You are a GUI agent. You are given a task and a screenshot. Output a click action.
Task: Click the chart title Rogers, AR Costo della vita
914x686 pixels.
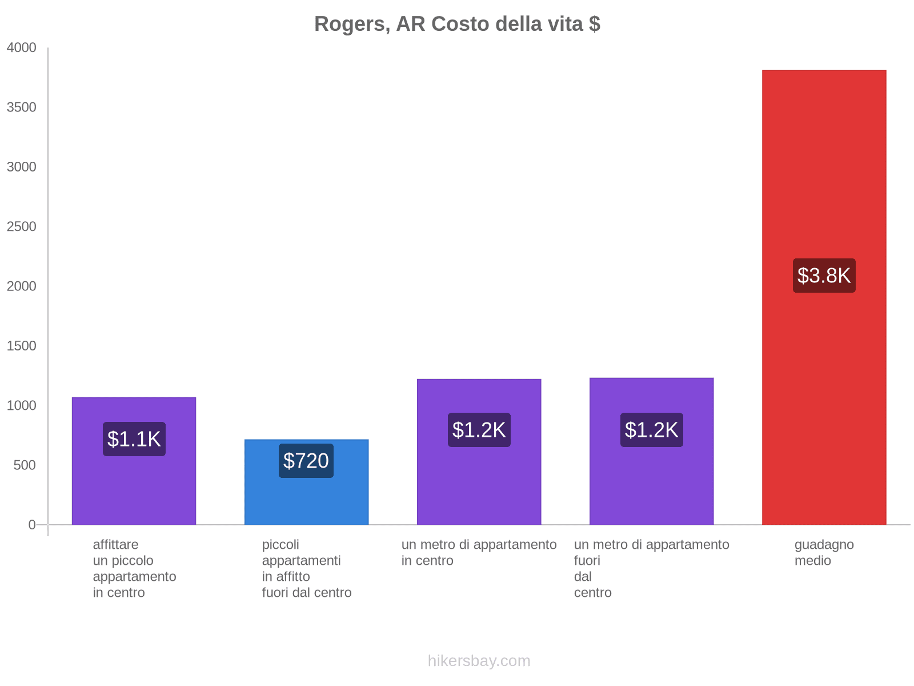(x=457, y=24)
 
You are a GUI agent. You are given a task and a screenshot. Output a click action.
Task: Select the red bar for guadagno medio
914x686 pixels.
(x=824, y=171)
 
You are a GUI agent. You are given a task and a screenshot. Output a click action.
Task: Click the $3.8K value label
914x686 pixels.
(x=824, y=276)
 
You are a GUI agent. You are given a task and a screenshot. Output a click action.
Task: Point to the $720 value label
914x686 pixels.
(x=306, y=461)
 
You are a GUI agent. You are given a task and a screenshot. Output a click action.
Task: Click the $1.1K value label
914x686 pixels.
(x=134, y=439)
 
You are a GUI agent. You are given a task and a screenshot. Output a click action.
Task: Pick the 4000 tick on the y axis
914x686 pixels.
(x=22, y=48)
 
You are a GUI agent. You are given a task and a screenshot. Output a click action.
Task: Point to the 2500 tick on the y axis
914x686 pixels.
(x=22, y=227)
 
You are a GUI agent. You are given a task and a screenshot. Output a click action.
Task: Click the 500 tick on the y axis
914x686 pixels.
(x=25, y=465)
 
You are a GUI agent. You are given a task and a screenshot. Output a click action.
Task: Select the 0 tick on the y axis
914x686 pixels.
(x=32, y=525)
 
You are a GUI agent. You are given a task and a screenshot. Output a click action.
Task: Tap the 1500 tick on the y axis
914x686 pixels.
(x=22, y=346)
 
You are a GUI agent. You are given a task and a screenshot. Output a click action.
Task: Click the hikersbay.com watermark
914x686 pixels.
(x=479, y=661)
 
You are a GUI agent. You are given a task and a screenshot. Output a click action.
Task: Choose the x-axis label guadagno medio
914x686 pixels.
(x=824, y=552)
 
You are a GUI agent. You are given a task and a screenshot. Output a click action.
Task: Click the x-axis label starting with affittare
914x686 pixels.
(x=134, y=568)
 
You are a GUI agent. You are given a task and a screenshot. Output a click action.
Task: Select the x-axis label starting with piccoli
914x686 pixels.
(x=306, y=568)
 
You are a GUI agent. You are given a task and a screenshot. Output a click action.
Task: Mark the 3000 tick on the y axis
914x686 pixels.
(x=22, y=167)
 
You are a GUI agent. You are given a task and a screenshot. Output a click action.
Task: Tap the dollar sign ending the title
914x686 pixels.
(x=594, y=24)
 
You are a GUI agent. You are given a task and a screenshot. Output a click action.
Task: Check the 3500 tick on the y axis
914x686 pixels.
(x=22, y=107)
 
